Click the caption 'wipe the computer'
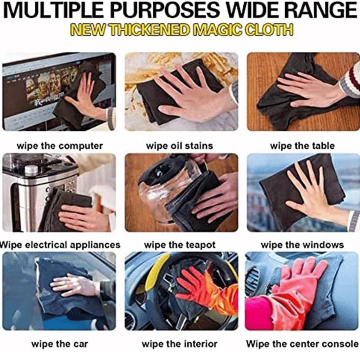pyautogui.click(x=60, y=146)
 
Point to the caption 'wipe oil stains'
pyautogui.click(x=180, y=146)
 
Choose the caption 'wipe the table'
pyautogui.click(x=302, y=146)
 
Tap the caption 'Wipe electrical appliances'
pyautogui.click(x=60, y=245)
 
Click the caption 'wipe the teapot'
pyautogui.click(x=180, y=245)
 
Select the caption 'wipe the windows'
pyautogui.click(x=302, y=245)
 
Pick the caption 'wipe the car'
pyautogui.click(x=60, y=344)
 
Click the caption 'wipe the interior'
pyautogui.click(x=180, y=344)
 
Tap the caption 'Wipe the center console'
pyautogui.click(x=302, y=344)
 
